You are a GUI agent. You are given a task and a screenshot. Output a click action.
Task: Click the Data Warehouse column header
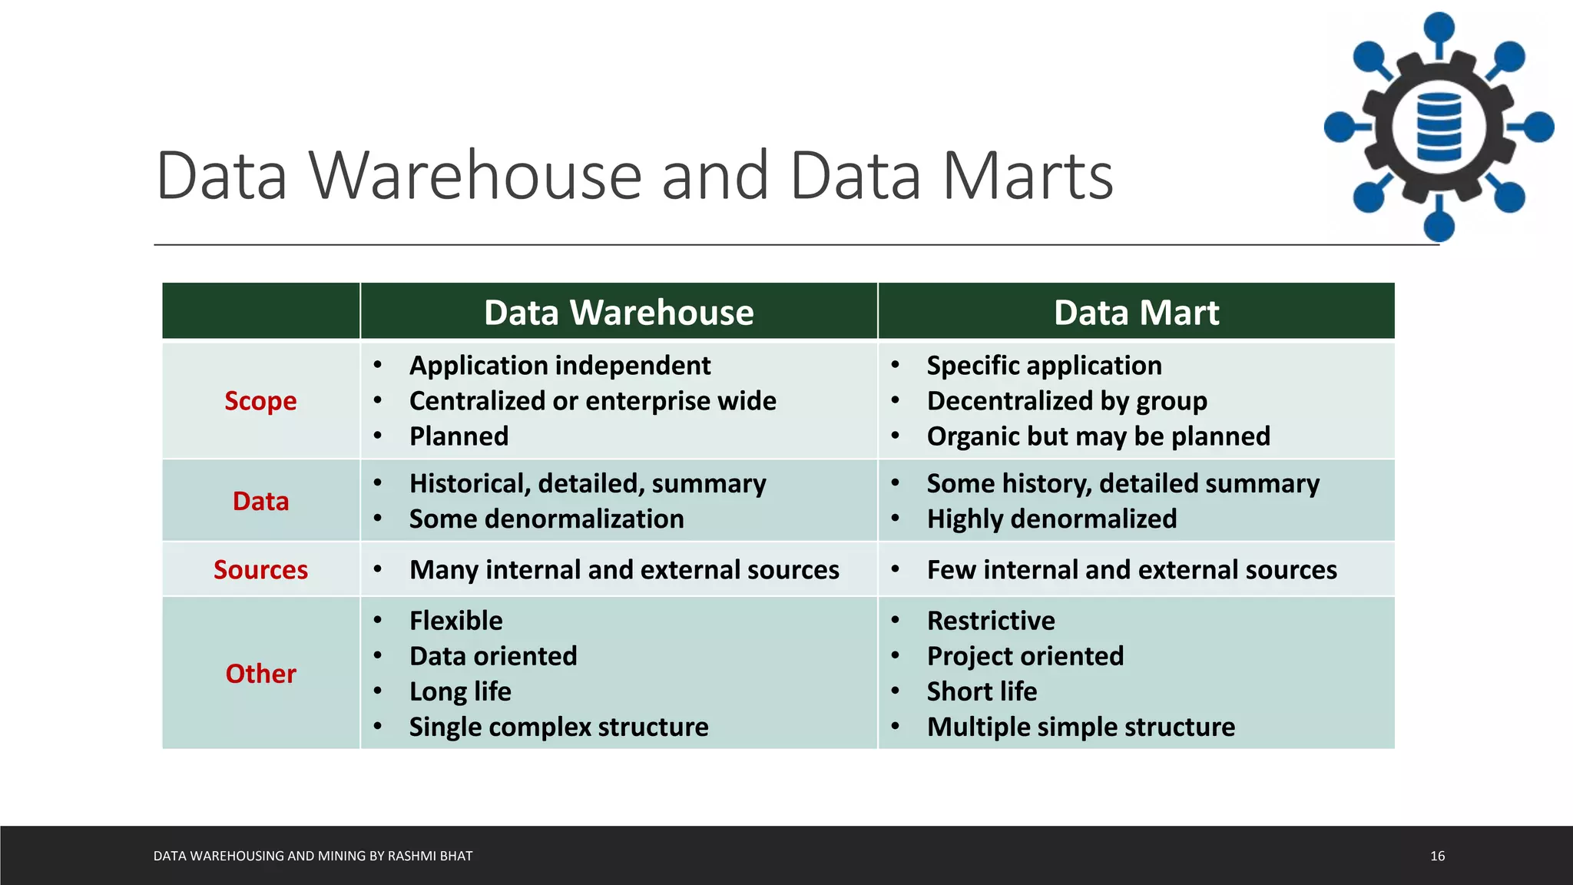[618, 313]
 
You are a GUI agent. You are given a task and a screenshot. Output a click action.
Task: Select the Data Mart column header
[1136, 313]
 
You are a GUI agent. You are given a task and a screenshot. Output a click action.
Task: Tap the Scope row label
[260, 401]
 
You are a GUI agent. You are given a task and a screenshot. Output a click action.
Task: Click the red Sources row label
[260, 570]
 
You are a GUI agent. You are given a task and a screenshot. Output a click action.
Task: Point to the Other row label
[260, 674]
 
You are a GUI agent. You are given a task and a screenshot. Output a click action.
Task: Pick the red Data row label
[260, 502]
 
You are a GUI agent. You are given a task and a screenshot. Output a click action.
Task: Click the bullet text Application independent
[560, 366]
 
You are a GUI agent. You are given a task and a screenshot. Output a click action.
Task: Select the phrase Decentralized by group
[1067, 401]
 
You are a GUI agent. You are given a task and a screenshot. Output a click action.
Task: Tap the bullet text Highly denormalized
[1051, 519]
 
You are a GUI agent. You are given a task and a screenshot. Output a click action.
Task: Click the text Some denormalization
[546, 519]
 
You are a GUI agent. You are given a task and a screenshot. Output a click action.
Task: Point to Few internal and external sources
[1131, 570]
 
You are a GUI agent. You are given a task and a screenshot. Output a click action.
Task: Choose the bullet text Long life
[460, 691]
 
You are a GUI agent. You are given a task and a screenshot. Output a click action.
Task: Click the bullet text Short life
[982, 691]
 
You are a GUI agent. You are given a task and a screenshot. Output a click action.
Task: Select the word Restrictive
[991, 621]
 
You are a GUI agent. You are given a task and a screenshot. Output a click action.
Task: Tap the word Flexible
[456, 621]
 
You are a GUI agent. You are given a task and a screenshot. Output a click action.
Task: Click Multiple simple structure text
[1081, 727]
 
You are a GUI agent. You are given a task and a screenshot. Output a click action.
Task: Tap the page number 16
[1437, 856]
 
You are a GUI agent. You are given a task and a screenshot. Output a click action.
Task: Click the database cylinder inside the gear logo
[1439, 127]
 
